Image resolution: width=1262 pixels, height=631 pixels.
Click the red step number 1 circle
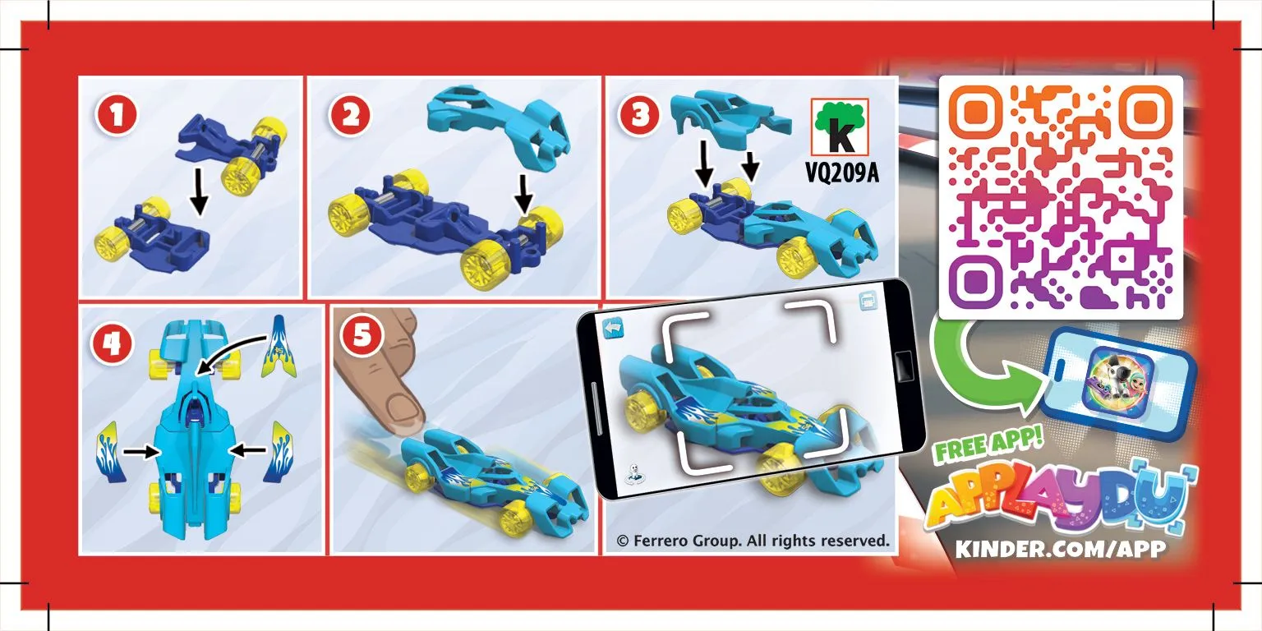117,115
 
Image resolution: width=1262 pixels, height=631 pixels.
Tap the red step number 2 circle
350,115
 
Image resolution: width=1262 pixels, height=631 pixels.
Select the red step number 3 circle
639,115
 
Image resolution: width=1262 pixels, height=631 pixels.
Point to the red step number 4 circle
111,343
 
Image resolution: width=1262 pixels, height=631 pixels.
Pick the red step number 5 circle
362,336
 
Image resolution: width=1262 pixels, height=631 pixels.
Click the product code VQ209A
841,173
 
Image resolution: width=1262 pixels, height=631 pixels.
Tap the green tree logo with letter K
840,127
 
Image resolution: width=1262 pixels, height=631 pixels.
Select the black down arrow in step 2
523,195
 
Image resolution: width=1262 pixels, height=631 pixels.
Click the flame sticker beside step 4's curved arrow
279,346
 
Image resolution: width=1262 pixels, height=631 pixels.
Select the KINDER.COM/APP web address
1061,549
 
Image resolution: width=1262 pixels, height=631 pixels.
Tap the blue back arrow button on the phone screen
614,328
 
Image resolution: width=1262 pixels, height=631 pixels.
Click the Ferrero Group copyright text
753,541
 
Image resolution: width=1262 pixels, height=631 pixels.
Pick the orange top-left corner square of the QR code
975,113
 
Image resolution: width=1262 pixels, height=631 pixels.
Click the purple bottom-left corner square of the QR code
975,280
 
